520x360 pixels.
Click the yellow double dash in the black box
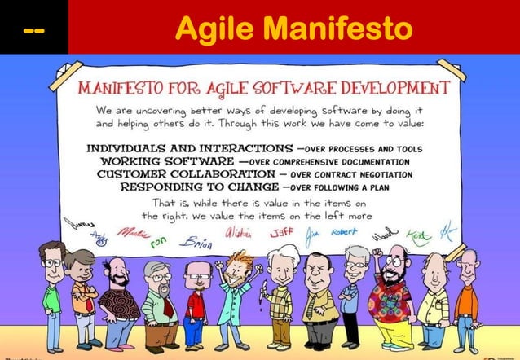(x=33, y=30)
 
